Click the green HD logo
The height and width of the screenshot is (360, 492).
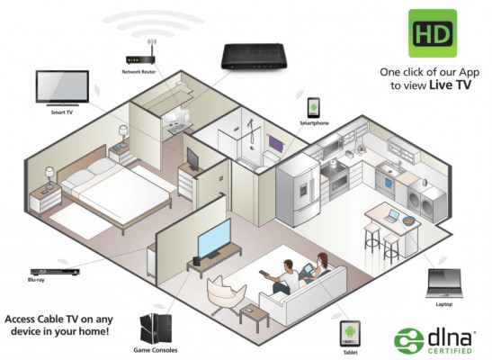(433, 33)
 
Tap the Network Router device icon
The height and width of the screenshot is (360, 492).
(140, 56)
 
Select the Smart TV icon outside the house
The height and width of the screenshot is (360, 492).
(62, 87)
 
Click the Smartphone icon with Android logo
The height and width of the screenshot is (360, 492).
(314, 108)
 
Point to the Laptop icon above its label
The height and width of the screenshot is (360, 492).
(443, 283)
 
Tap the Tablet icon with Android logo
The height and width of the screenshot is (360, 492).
(350, 333)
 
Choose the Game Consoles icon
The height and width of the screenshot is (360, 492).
(156, 328)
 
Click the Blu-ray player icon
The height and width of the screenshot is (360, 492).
(55, 272)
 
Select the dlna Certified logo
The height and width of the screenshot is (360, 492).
(434, 341)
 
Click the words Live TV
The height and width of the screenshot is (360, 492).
(450, 85)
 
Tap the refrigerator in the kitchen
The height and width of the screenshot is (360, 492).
(298, 190)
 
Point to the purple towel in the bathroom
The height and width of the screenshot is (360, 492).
(276, 144)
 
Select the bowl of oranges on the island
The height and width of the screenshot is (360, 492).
(408, 221)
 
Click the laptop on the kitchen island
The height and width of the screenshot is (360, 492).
(392, 216)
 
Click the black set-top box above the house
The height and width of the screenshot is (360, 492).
(254, 56)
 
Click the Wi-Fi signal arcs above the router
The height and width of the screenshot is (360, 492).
(154, 23)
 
